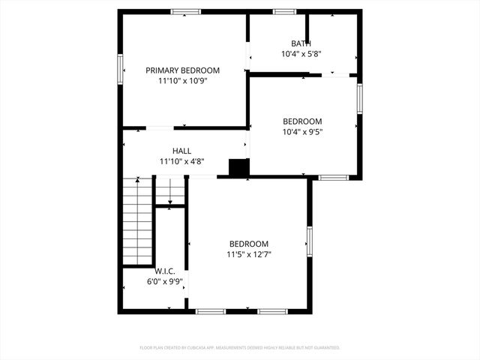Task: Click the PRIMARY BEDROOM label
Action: click(x=182, y=70)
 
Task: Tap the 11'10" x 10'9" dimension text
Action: click(x=182, y=80)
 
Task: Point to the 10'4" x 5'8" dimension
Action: click(x=301, y=54)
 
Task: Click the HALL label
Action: click(x=181, y=151)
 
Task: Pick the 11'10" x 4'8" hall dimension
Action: click(x=181, y=161)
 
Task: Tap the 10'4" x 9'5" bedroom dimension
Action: click(x=302, y=132)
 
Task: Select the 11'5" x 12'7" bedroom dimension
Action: click(x=249, y=254)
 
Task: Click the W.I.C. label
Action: click(x=165, y=271)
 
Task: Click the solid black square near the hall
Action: click(x=238, y=168)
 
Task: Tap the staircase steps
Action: click(x=138, y=220)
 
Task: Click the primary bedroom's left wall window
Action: click(x=119, y=70)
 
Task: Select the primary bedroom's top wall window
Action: click(x=185, y=11)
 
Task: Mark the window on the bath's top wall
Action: click(x=284, y=11)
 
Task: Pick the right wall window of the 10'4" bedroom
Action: click(x=360, y=98)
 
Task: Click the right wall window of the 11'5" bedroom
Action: click(x=309, y=241)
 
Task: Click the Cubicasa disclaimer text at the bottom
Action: click(x=240, y=348)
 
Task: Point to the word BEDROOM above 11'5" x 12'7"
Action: click(x=249, y=244)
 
